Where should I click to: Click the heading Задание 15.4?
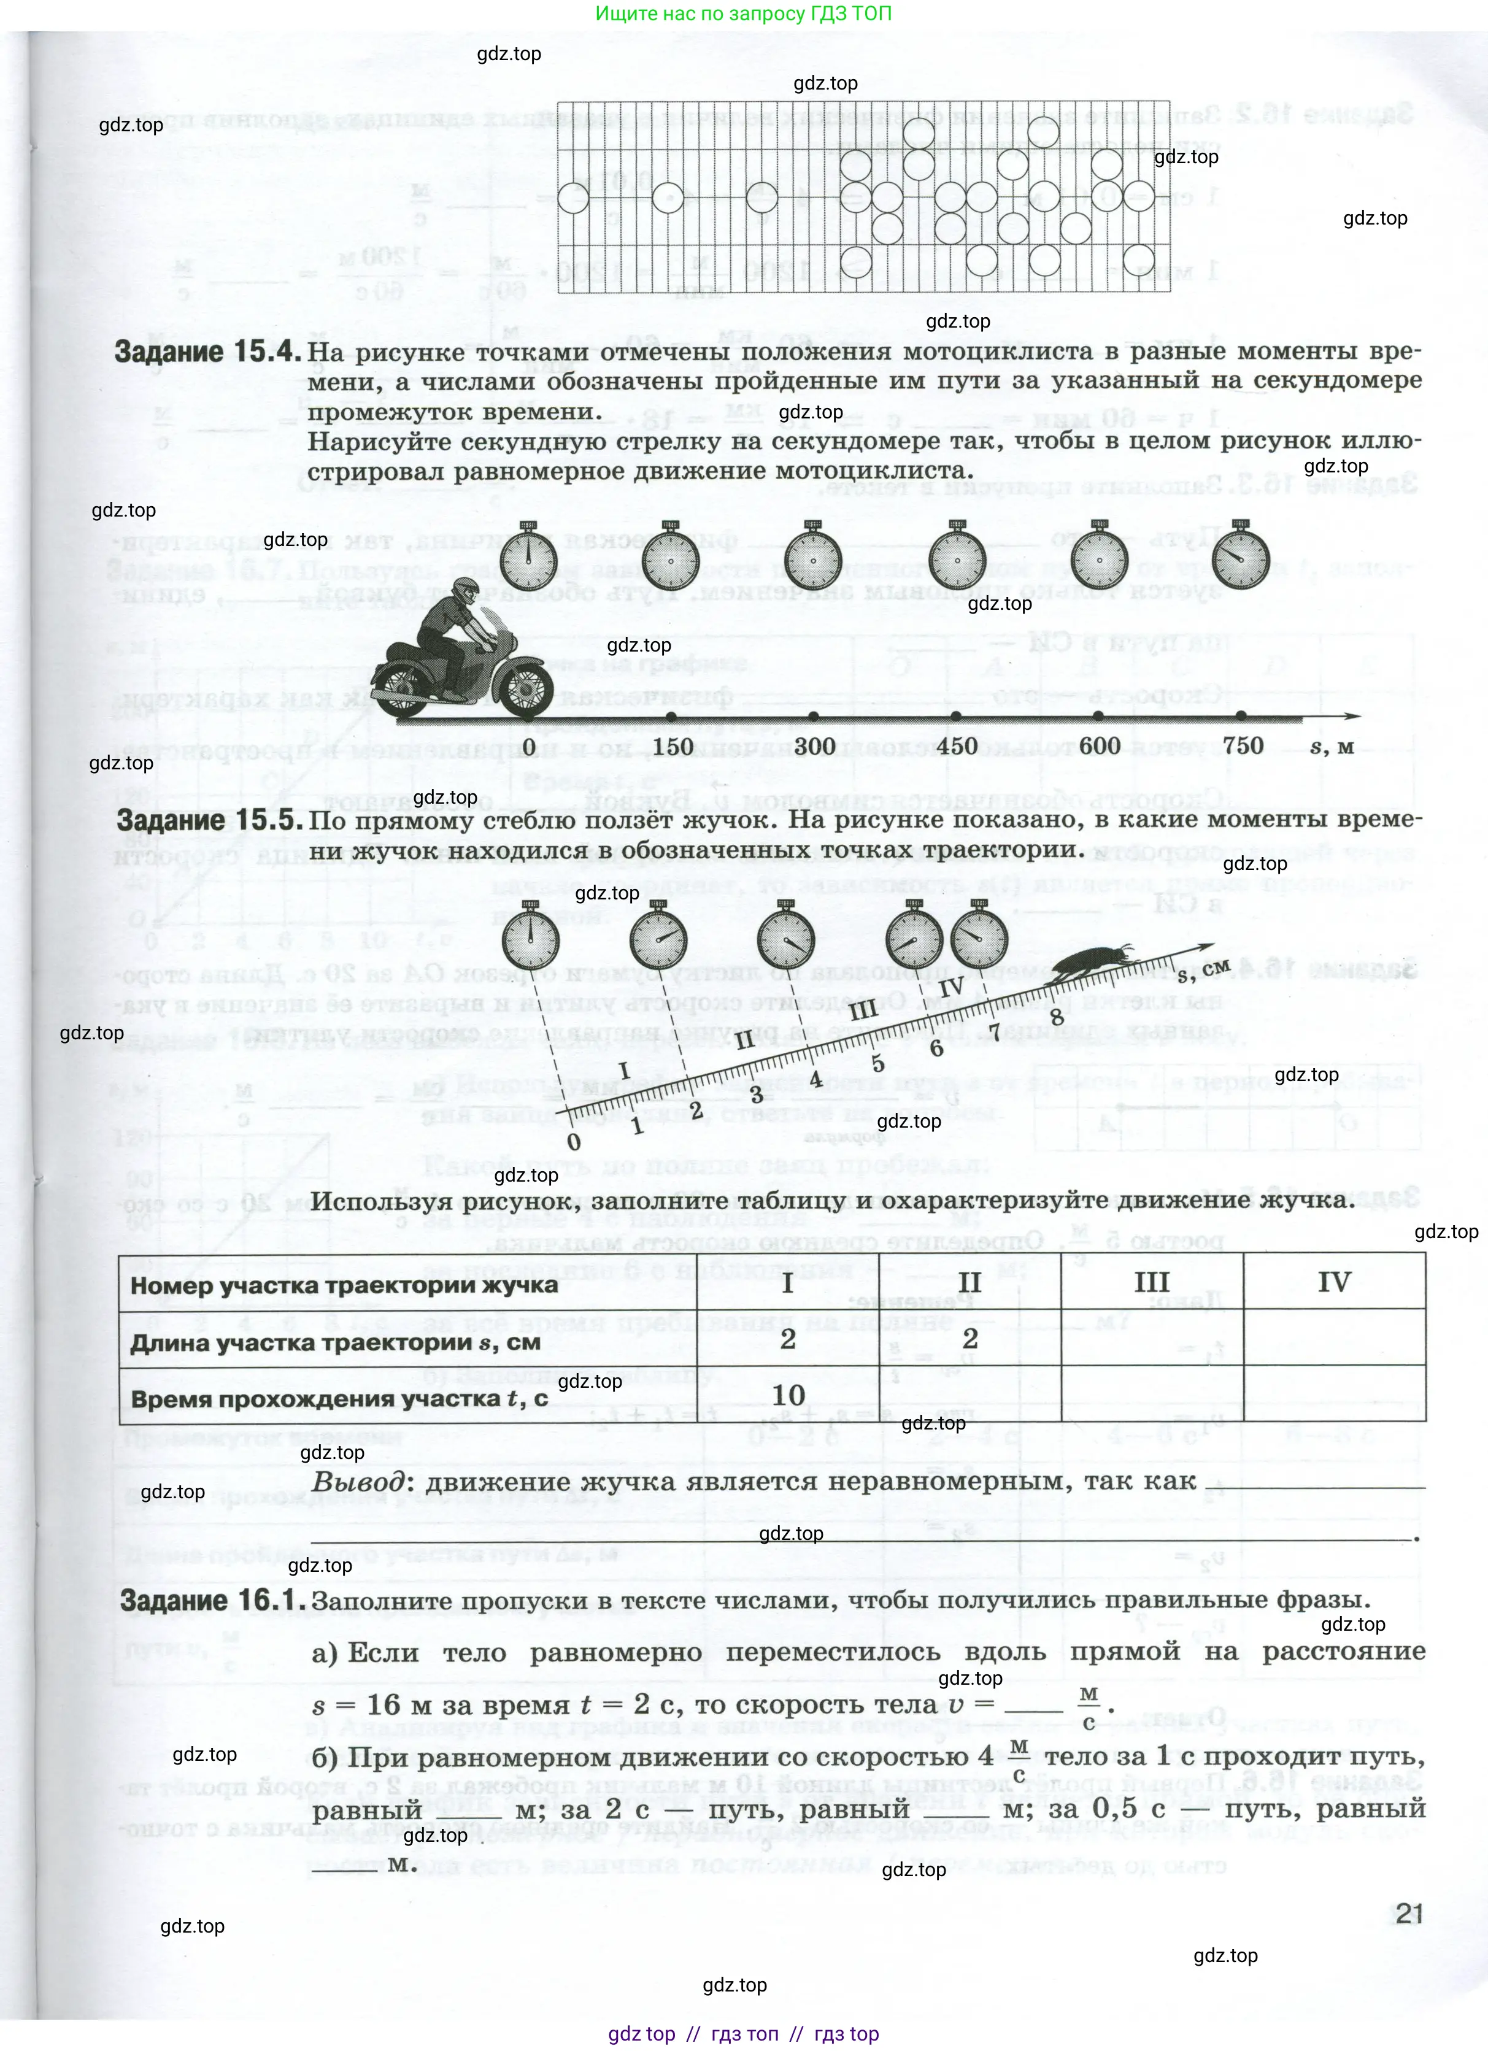pyautogui.click(x=207, y=352)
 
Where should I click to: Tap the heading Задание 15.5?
pyautogui.click(x=209, y=820)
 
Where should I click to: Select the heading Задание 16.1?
pyautogui.click(x=212, y=1599)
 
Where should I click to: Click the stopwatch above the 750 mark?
pyautogui.click(x=1241, y=558)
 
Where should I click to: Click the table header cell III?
pyautogui.click(x=1152, y=1282)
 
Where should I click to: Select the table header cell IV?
pyautogui.click(x=1334, y=1282)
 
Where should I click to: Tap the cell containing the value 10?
pyautogui.click(x=788, y=1395)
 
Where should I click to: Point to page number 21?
pyautogui.click(x=1409, y=1914)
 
